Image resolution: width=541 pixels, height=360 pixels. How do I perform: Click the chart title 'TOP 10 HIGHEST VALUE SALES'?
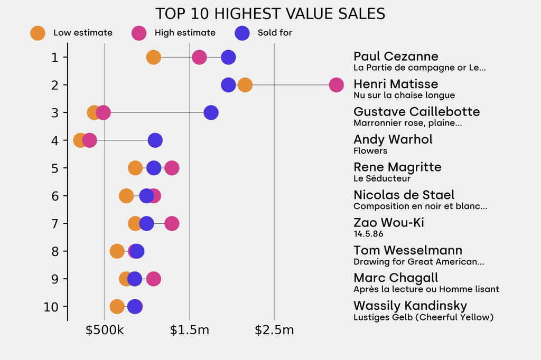coord(270,14)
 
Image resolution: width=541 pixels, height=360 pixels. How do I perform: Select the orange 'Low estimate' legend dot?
coord(38,33)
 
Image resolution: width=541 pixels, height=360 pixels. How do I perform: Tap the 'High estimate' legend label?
coord(185,33)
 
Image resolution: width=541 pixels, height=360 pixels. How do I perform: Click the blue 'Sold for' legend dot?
coord(242,33)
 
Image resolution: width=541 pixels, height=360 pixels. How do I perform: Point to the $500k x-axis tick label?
coord(105,330)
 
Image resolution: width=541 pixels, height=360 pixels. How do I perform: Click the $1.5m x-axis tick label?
coord(190,330)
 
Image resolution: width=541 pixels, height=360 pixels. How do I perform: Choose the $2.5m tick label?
coord(274,330)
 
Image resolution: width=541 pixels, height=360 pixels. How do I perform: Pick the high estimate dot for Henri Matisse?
coord(336,85)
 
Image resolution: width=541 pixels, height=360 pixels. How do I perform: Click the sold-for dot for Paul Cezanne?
coord(228,58)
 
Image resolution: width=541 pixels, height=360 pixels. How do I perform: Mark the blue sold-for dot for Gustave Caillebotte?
coord(211,112)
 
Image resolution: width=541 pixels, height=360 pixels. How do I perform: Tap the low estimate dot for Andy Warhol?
coord(80,140)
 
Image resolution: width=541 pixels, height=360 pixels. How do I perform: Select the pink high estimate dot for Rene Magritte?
coord(172,168)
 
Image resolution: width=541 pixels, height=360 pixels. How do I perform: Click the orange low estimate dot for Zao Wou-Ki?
coord(135,224)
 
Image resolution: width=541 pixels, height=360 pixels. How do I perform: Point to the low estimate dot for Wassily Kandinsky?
coord(117,307)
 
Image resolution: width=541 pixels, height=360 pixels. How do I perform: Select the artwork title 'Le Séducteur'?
coord(382,178)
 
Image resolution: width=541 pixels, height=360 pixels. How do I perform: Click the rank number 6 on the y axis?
coord(55,196)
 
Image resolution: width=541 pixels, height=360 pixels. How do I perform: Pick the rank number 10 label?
coord(51,307)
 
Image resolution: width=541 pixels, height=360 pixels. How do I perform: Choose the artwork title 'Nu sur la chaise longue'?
coord(404,96)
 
